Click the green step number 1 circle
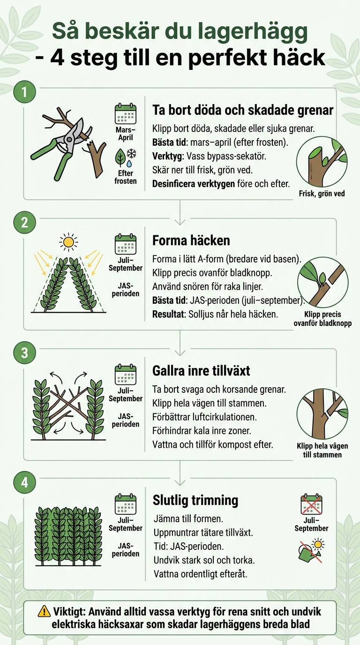(24, 92)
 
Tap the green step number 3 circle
(24, 352)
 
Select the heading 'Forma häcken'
(191, 240)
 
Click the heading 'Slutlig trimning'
(195, 500)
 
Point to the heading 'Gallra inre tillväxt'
(201, 371)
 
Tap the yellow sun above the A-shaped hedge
(69, 242)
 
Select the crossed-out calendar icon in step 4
(311, 505)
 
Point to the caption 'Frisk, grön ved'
(321, 193)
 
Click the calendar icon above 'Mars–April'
(125, 114)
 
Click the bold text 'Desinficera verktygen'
(193, 184)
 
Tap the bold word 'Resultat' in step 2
(168, 314)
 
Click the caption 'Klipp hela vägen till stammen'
(322, 450)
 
